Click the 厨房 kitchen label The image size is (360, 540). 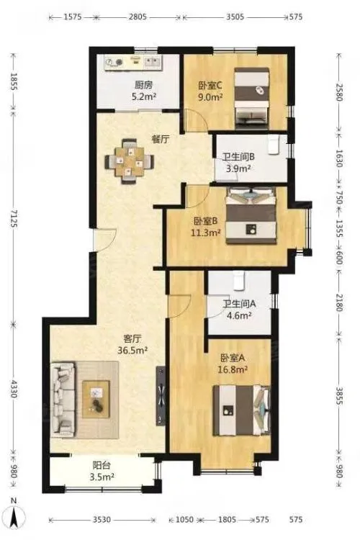(144, 85)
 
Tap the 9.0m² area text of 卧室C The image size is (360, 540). (210, 97)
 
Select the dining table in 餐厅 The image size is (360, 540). (130, 161)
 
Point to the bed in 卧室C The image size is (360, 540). (251, 98)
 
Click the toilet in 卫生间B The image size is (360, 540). (274, 145)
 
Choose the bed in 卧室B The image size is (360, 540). (251, 215)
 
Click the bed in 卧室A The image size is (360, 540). (241, 410)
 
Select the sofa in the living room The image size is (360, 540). (63, 400)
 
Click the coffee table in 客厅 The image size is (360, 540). (96, 399)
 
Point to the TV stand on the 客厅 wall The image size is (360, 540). (161, 395)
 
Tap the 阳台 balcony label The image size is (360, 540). (102, 466)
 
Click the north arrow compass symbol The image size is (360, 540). (14, 517)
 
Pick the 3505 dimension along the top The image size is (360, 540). (235, 17)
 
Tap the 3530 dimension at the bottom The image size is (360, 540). (102, 519)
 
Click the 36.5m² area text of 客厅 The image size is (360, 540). (132, 350)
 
